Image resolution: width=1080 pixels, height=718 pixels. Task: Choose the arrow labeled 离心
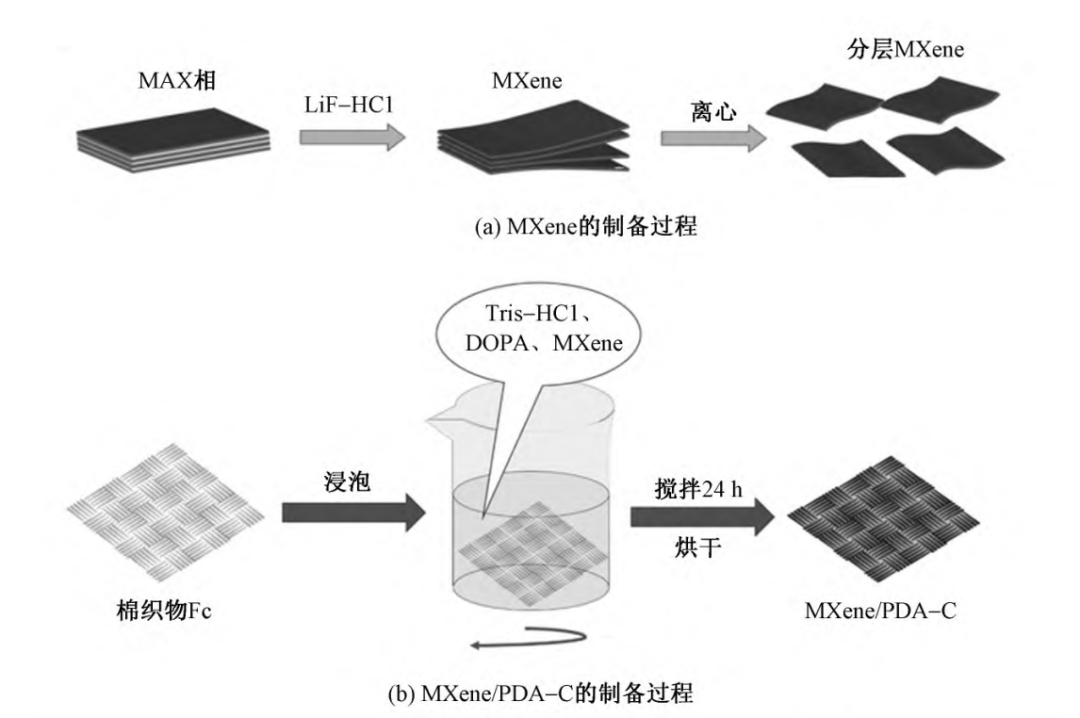[x=709, y=133]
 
